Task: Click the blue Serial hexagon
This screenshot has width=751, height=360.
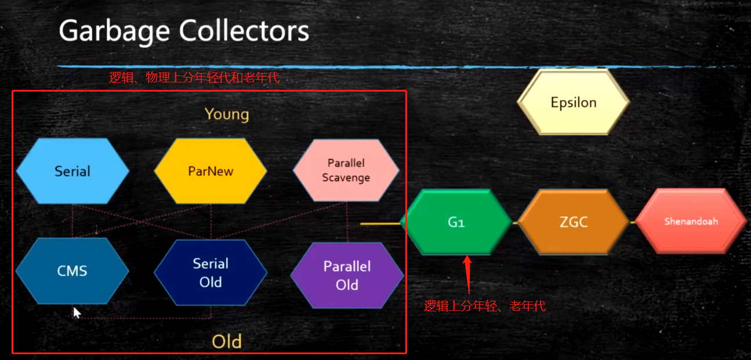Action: [72, 171]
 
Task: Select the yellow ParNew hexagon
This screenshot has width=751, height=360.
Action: [210, 171]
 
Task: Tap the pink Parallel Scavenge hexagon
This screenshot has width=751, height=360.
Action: [346, 170]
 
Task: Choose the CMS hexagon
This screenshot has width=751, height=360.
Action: [72, 271]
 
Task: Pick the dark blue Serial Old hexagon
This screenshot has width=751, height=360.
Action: [211, 272]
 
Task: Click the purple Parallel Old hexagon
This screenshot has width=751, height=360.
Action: [347, 275]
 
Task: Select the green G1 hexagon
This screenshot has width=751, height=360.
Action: [456, 222]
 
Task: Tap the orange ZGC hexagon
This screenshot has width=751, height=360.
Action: [574, 222]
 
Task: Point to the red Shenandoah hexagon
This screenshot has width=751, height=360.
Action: [691, 221]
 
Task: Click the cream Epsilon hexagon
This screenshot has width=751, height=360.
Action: [573, 103]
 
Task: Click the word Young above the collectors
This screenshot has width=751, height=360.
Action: [227, 114]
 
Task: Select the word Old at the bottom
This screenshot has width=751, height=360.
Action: [226, 341]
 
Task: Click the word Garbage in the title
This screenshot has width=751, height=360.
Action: [115, 31]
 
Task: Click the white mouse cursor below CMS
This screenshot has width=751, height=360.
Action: [77, 313]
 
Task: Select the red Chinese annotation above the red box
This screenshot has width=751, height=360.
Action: [194, 78]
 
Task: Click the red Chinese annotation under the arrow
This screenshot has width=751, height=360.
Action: [485, 306]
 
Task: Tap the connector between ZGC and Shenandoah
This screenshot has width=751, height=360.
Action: [632, 222]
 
